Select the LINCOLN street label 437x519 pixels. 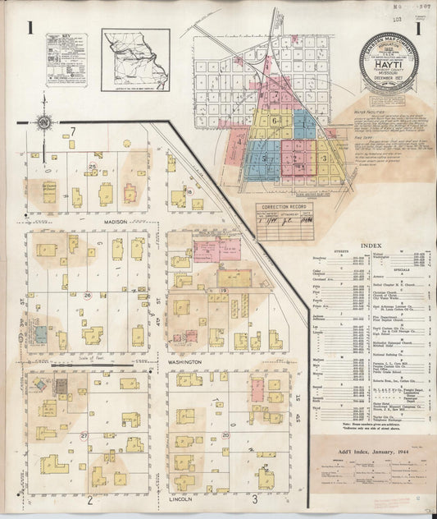(x=180, y=498)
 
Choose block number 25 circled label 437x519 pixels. (x=93, y=168)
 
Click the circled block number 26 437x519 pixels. (x=87, y=294)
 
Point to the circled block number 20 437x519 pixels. (x=225, y=434)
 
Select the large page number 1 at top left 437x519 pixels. (x=30, y=30)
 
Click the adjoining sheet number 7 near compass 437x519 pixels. (x=73, y=131)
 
